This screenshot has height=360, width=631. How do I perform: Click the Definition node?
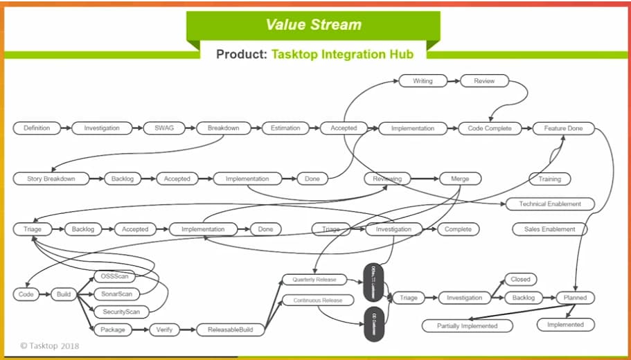click(x=37, y=128)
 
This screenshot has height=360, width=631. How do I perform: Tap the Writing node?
click(x=423, y=81)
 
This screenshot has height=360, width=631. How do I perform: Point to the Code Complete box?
click(x=490, y=128)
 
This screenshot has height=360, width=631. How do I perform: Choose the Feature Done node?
click(x=563, y=128)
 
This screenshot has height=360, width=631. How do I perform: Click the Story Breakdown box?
click(x=51, y=179)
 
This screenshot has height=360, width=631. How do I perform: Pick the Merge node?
click(x=460, y=179)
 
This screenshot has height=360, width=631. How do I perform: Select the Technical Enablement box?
click(x=550, y=204)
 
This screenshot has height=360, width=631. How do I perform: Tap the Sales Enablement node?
click(x=549, y=229)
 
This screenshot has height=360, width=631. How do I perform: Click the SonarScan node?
click(x=115, y=294)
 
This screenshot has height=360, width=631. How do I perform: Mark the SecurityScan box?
click(x=121, y=312)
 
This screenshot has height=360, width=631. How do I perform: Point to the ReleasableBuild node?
click(x=231, y=330)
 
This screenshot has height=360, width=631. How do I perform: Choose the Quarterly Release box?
click(x=314, y=280)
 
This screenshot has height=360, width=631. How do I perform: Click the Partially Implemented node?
click(x=467, y=325)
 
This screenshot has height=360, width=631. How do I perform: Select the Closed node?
click(x=520, y=280)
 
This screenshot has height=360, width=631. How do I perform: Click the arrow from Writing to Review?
click(x=454, y=81)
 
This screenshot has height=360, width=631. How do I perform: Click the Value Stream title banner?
click(x=314, y=26)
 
